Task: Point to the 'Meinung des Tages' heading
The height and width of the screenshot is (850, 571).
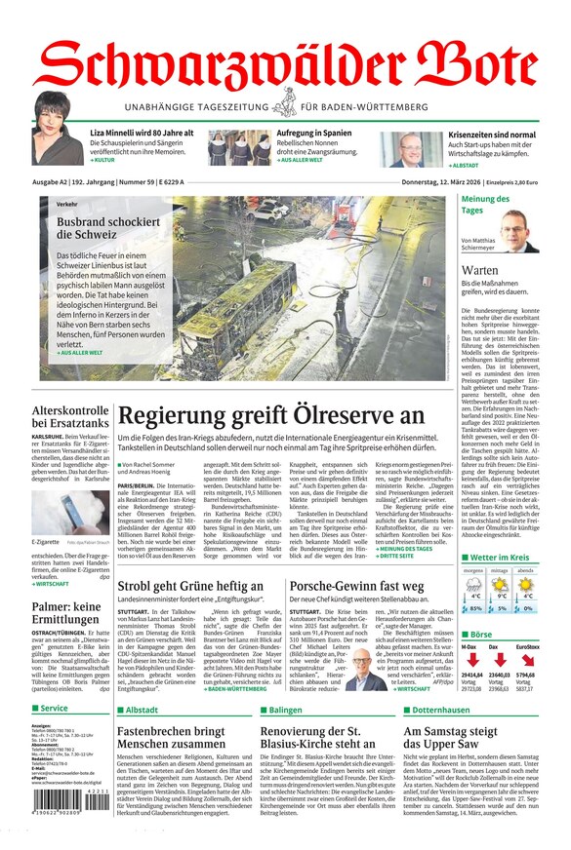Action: point(485,205)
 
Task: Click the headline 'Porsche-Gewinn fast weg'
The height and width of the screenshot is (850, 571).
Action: point(355,586)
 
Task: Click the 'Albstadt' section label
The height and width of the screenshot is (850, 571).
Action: point(141,711)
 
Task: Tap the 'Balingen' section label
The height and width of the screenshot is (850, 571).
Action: point(284,711)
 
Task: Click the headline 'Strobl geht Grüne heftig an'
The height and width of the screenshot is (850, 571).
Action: point(190,586)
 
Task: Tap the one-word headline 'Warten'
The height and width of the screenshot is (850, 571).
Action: point(480,270)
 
